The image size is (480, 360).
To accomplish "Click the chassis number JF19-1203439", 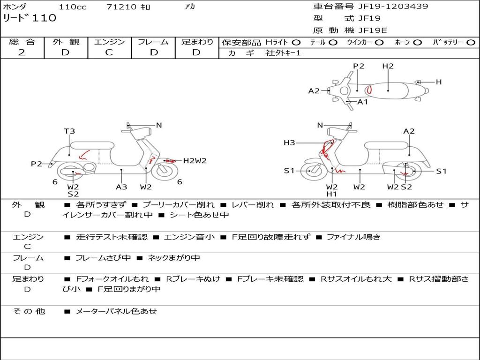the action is [393, 6].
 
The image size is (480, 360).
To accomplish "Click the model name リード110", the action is [30, 18].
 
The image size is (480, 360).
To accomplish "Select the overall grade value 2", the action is [22, 52].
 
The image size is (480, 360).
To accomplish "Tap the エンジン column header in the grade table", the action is [109, 42].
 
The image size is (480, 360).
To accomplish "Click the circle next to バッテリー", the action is [471, 43].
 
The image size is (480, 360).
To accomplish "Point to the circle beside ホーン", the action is [418, 43].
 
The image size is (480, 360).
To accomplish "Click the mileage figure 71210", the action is [121, 7].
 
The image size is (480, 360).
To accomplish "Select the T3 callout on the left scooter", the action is [69, 131].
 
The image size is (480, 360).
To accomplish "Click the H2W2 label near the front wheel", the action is [195, 160].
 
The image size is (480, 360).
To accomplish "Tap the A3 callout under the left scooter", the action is [121, 187].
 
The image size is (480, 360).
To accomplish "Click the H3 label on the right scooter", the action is [289, 142].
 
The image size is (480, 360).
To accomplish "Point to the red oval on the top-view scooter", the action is [369, 90].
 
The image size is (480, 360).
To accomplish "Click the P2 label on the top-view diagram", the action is [359, 66].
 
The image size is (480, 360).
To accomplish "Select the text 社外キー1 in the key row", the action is [283, 53].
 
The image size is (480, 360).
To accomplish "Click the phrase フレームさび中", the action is [103, 258].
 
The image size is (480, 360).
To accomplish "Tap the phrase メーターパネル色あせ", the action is [116, 311].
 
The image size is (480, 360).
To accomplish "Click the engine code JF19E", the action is [373, 30].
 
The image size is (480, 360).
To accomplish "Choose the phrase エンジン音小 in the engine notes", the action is [189, 237].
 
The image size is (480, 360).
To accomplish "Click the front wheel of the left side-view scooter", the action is [165, 171].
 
